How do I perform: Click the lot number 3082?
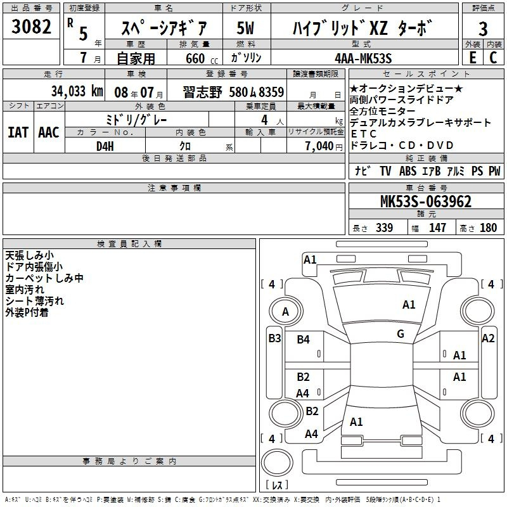[31, 27]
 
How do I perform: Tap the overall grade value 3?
[483, 29]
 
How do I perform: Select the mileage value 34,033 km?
[77, 91]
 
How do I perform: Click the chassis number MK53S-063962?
[425, 202]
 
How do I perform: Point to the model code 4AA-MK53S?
[363, 58]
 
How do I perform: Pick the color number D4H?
[105, 146]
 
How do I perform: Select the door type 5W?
[245, 28]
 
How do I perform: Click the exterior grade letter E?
[473, 58]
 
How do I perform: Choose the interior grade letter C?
[493, 58]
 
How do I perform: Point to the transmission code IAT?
[18, 132]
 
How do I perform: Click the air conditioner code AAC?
[49, 132]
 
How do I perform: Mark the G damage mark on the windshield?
[401, 334]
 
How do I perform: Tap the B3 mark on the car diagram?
[274, 338]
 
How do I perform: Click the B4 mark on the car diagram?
[303, 340]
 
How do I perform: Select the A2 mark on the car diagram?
[488, 338]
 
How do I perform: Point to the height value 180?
[488, 228]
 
